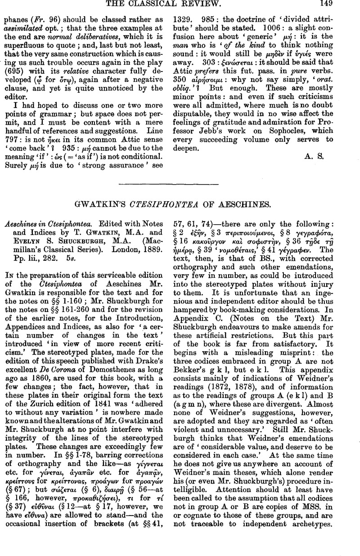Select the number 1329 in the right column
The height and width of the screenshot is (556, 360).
(183, 20)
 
